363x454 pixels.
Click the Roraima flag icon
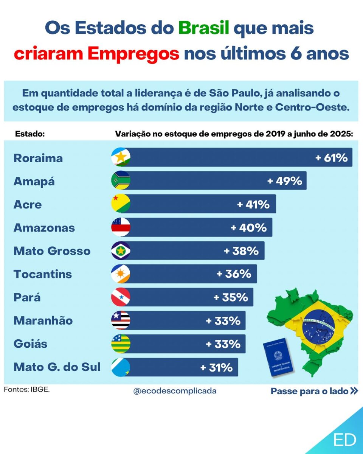click(121, 157)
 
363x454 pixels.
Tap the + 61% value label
click(332, 157)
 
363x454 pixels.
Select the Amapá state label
click(34, 181)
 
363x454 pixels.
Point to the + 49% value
click(285, 181)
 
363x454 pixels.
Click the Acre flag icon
click(121, 204)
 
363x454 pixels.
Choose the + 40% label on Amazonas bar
click(248, 228)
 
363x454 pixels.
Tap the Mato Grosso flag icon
click(121, 251)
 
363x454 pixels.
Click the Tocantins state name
click(43, 274)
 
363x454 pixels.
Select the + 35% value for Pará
click(231, 297)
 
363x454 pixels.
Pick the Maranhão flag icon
click(121, 320)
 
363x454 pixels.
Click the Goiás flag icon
click(121, 344)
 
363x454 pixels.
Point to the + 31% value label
click(216, 367)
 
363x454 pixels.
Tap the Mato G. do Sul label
click(57, 367)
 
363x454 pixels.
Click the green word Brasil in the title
click(204, 28)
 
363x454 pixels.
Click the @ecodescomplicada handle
click(175, 391)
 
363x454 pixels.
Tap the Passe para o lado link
click(314, 391)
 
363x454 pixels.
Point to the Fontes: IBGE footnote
click(27, 389)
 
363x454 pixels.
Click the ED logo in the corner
click(345, 440)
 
